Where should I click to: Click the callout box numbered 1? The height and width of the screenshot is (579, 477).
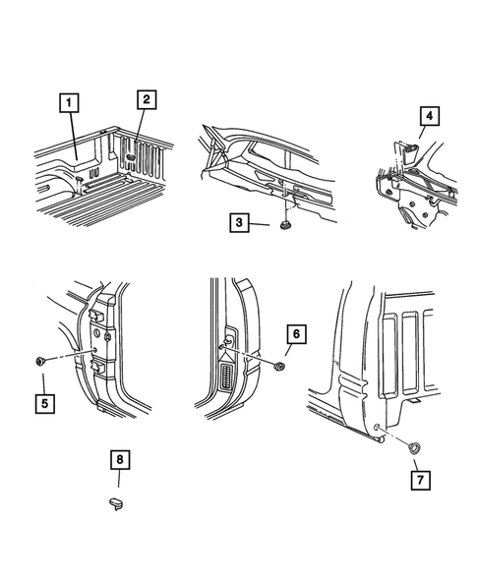69,102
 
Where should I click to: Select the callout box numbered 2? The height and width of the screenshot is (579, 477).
147,99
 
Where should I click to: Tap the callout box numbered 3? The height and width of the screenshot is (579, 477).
239,223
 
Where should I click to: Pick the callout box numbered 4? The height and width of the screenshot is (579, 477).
430,116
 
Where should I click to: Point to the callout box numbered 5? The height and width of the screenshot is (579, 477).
44,404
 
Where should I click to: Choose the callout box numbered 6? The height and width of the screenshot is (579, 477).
296,334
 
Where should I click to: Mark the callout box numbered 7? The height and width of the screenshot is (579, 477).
421,480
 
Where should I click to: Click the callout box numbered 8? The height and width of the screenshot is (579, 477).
120,460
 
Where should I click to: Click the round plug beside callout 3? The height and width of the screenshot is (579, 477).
285,225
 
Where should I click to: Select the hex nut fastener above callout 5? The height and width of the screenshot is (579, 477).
39,361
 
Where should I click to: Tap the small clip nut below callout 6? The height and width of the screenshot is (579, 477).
280,367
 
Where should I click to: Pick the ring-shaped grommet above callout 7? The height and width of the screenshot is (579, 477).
413,448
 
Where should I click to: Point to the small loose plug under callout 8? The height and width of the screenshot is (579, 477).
116,503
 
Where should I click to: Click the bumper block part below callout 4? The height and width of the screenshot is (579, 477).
408,152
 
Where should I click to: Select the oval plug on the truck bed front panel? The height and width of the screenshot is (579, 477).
130,157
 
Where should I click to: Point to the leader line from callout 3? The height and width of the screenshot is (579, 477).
259,224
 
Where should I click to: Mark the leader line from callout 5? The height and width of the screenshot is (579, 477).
43,384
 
